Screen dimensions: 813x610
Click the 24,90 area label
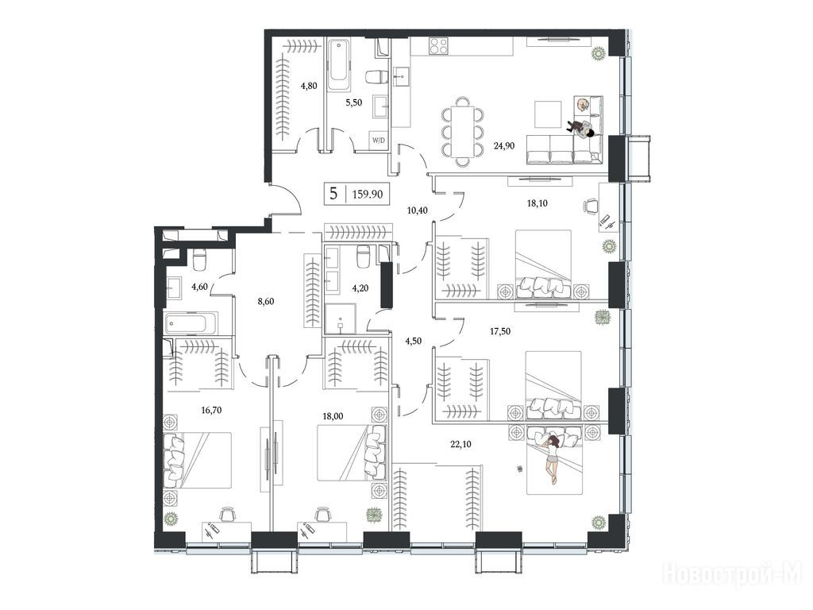504,146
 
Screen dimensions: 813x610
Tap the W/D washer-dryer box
377,141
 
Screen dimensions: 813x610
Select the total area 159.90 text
368,195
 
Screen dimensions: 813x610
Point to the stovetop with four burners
438,45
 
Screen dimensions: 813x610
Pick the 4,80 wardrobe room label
309,86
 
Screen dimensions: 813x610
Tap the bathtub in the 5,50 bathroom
338,65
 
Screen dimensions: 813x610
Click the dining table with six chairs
463,131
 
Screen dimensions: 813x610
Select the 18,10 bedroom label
537,203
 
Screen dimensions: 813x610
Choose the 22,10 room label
461,444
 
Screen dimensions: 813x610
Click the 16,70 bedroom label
211,410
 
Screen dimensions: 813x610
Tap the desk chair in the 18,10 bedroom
590,206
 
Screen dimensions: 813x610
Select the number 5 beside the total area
334,194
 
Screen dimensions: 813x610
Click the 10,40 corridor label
418,210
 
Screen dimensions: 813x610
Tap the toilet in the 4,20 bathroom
363,257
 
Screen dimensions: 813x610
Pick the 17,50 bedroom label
500,331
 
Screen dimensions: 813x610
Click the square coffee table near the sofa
548,114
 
